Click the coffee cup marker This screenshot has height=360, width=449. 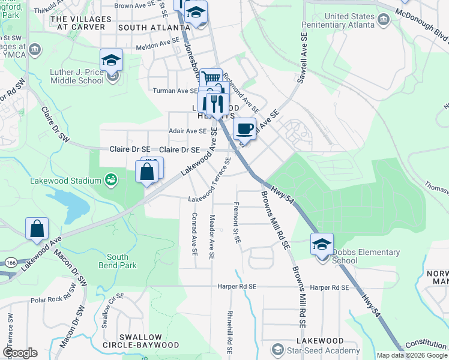click(245, 128)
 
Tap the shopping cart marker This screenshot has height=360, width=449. click(211, 79)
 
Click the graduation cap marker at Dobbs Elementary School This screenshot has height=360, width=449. click(322, 244)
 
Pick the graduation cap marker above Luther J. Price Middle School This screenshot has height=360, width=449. click(111, 59)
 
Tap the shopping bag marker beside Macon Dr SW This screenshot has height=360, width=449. click(37, 228)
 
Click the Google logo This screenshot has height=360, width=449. click(20, 353)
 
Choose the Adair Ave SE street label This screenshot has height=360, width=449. click(187, 131)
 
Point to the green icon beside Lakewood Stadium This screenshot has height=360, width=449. click(110, 178)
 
